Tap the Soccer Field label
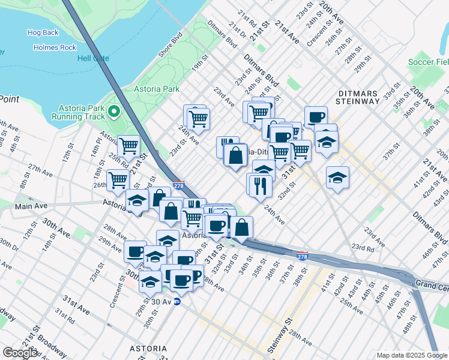point(428,62)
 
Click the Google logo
point(20,353)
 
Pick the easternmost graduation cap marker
point(338,177)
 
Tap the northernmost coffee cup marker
point(315,117)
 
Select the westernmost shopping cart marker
point(118,179)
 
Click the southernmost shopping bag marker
point(241,227)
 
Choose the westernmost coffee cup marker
point(136,251)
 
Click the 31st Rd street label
point(64,314)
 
